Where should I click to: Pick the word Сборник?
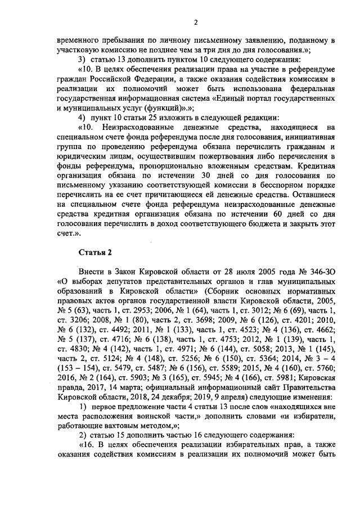pos(231,291)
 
